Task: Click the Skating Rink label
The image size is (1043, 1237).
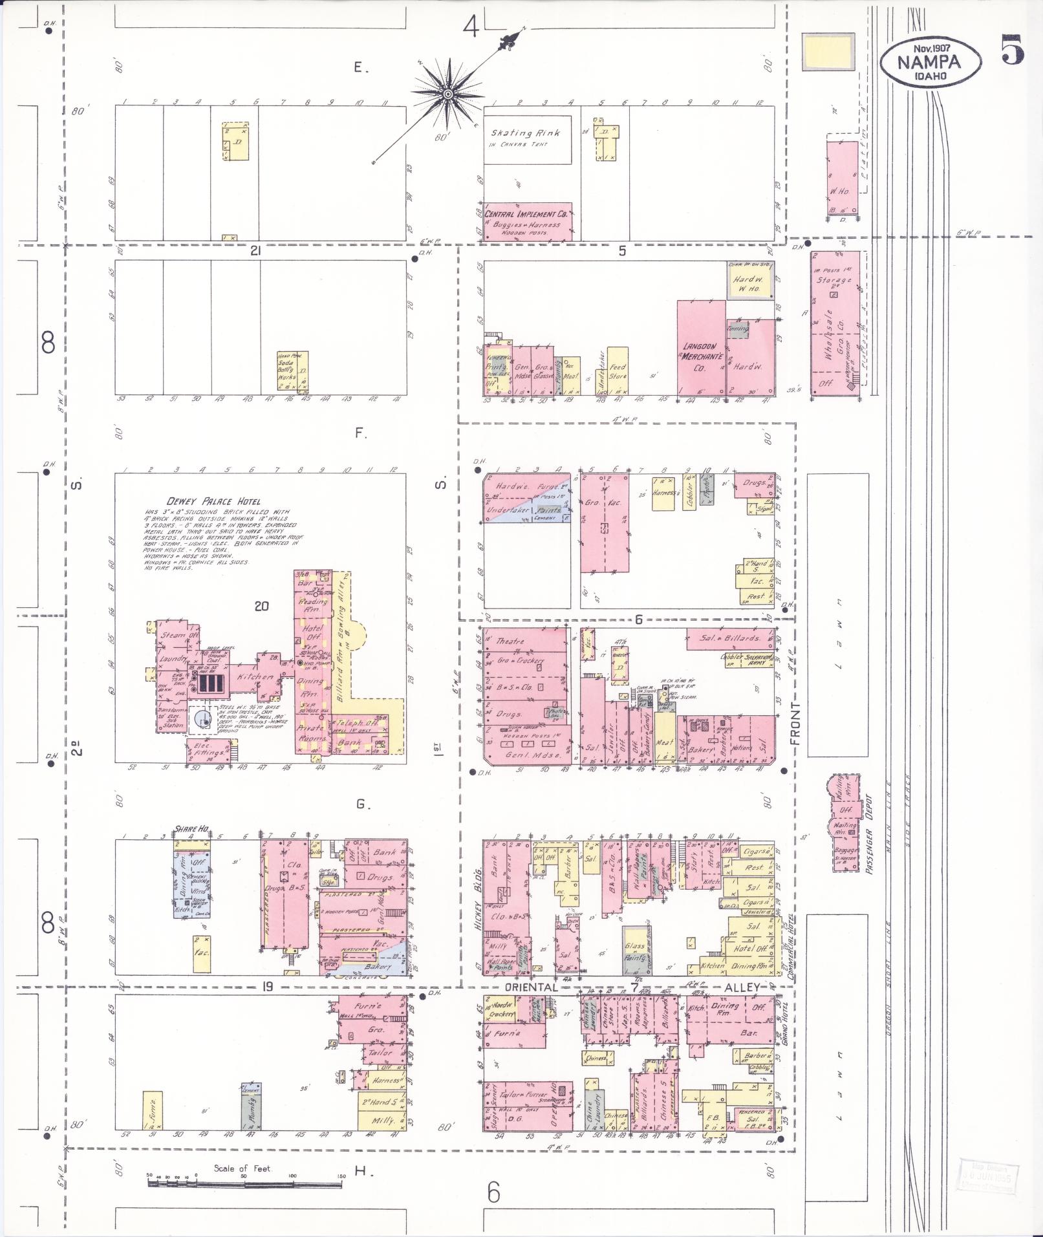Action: [524, 133]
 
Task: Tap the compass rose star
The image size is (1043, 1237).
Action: [447, 95]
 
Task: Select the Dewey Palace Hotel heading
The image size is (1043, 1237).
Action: [213, 501]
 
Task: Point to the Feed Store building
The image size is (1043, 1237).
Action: [618, 371]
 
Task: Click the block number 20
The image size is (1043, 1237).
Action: [261, 606]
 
